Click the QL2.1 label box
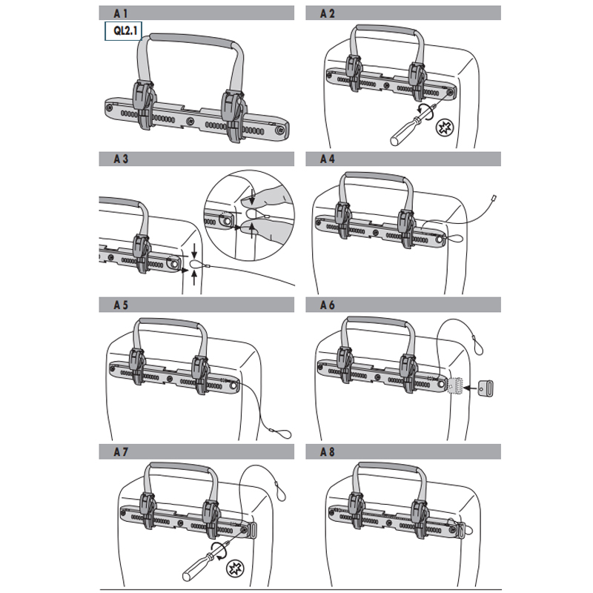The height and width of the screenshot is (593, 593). tap(123, 30)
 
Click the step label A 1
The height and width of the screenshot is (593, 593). tap(121, 13)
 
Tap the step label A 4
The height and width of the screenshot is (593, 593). tap(327, 159)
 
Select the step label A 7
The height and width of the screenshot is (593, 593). tap(121, 451)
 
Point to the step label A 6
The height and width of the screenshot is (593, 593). tap(327, 305)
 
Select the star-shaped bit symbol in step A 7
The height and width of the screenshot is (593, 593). tap(235, 569)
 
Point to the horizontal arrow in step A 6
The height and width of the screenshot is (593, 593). tap(471, 388)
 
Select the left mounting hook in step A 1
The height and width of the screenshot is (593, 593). tap(142, 105)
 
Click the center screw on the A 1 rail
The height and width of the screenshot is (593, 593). tap(191, 121)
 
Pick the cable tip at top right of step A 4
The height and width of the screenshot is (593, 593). tap(493, 197)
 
